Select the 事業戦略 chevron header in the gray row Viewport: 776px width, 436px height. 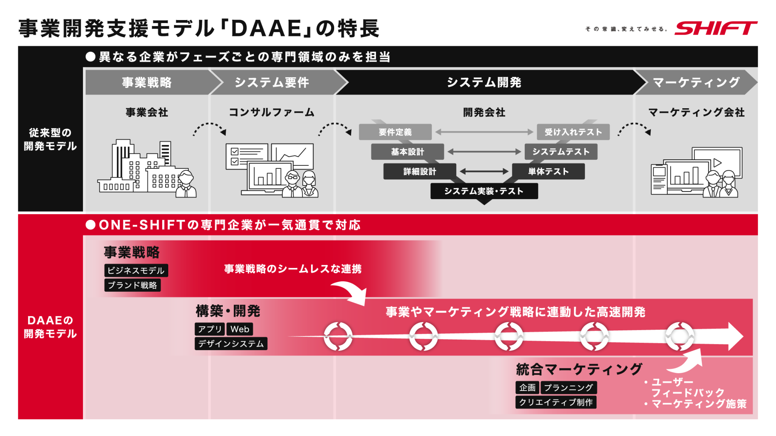point(147,82)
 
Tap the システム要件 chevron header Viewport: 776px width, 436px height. point(272,82)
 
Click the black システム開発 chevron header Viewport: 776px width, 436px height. point(484,82)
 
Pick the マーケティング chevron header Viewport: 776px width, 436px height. point(696,82)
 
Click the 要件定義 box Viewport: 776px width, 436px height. point(395,132)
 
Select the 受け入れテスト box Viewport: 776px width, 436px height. point(573,132)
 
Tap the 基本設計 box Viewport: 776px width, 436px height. point(407,152)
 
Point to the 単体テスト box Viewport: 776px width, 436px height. point(548,171)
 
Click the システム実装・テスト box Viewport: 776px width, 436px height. point(484,191)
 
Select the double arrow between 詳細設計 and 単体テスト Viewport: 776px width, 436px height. point(484,171)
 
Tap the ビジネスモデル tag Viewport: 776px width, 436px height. point(136,271)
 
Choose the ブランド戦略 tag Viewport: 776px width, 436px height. point(132,285)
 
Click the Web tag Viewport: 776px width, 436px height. point(240,329)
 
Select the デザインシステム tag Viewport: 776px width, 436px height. point(231,344)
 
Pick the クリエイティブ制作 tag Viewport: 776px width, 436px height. point(555,402)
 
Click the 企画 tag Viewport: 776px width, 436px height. point(527,388)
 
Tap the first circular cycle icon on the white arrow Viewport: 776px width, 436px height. point(338,336)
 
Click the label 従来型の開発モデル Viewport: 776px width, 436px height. point(50,139)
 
